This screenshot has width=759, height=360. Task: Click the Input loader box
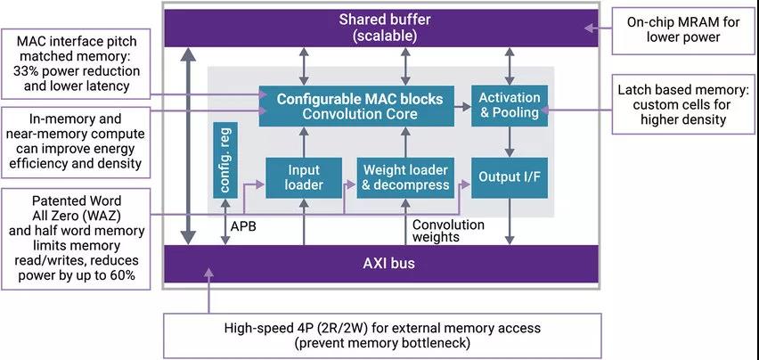(304, 176)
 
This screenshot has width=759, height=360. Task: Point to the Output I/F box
(509, 176)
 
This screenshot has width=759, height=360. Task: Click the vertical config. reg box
(224, 160)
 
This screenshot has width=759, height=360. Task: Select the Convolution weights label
(448, 231)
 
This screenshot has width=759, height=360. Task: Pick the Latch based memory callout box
(682, 105)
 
